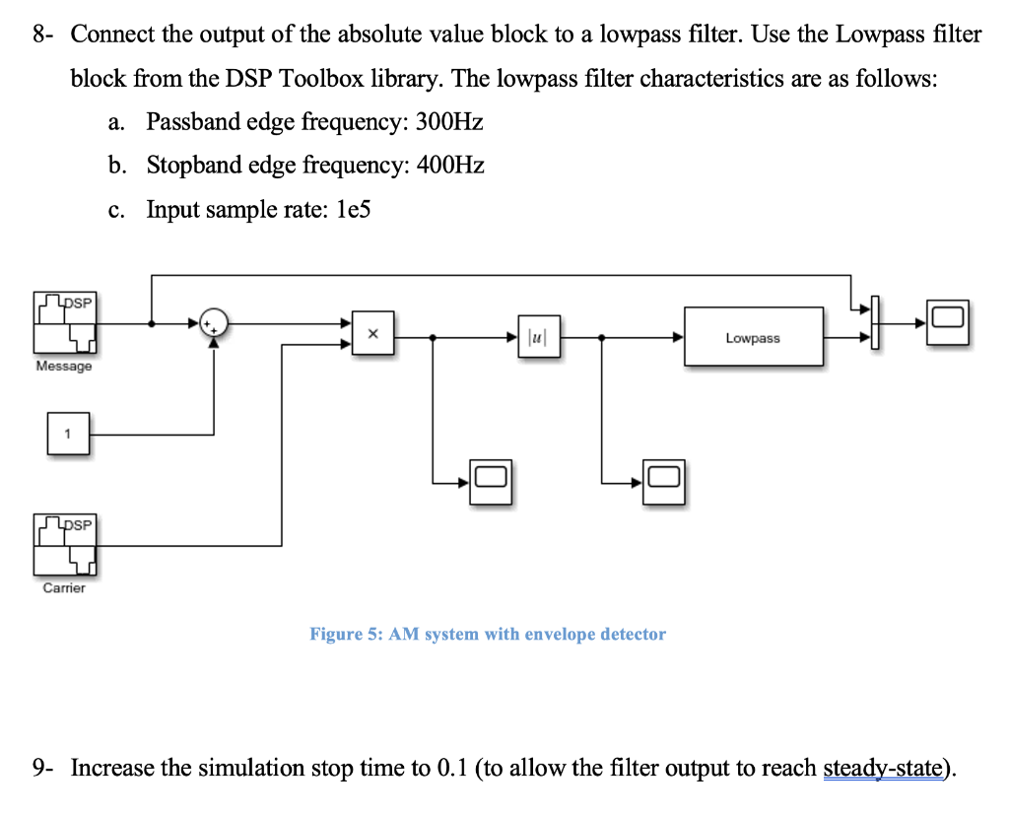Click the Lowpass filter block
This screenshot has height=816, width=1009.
[754, 337]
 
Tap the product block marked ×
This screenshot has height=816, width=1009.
[373, 336]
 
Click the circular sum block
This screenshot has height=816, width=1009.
[213, 322]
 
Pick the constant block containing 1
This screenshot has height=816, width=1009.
[68, 434]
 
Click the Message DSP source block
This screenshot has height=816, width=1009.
[65, 322]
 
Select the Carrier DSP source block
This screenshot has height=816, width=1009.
[65, 545]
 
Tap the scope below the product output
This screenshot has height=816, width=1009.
[491, 482]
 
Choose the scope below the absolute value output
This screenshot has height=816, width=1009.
[665, 482]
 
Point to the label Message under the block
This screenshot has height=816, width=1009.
[64, 367]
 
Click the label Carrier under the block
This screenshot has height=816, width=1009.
[64, 588]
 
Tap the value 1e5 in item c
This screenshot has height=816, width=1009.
[352, 209]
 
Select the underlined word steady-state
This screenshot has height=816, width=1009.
[883, 768]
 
